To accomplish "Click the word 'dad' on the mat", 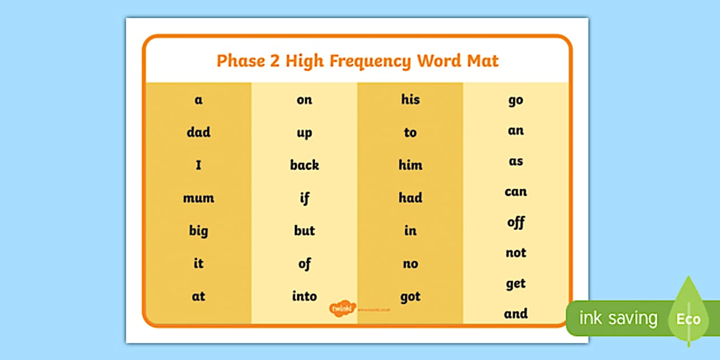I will coord(198,133).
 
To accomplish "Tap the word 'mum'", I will coord(198,198).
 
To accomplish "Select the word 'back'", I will coord(304,165).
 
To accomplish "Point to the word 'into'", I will coord(304,296).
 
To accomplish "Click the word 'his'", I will coord(410,99).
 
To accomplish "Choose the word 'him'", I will coord(410,165).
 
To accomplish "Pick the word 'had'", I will coord(410,198).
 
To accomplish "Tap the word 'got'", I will coord(410,297).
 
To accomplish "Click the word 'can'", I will coord(515,191).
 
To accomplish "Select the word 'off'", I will coord(515,222).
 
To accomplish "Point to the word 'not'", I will coord(515,253).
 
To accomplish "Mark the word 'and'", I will coord(515,313).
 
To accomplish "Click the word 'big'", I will coord(198,231).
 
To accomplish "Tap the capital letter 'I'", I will coord(198,166).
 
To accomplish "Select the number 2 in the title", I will coord(275,61).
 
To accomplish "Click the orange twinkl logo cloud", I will coord(343,309).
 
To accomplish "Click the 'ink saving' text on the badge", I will coord(618,318).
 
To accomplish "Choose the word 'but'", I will coord(304,230).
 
